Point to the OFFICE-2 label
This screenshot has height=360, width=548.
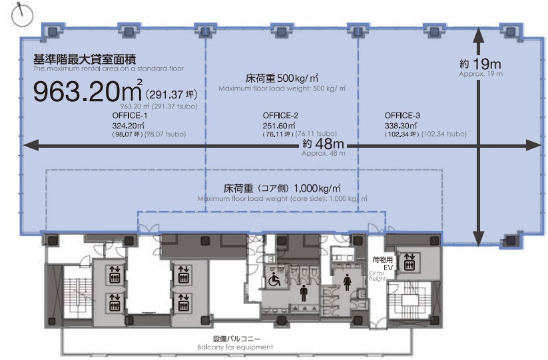tap(280, 115)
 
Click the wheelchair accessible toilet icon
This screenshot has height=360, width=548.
tap(274, 281)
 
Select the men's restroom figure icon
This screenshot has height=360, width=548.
tap(304, 289)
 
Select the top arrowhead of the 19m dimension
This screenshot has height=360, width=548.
tap(478, 38)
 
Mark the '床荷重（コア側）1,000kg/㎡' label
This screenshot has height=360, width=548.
tap(282, 189)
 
